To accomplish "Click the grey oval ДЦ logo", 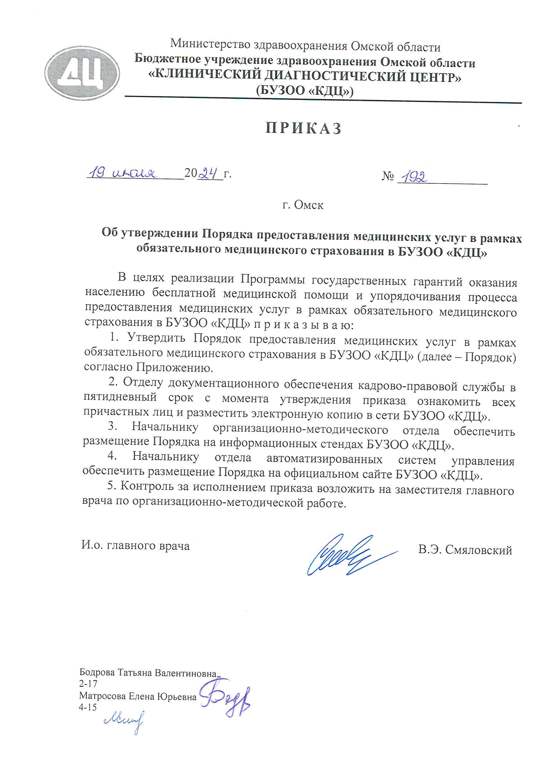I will pyautogui.click(x=82, y=73).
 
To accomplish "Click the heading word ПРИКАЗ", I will pyautogui.click(x=303, y=128).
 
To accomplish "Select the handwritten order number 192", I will pyautogui.click(x=414, y=177).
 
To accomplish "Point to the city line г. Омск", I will pyautogui.click(x=303, y=205).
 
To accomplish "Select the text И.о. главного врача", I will pyautogui.click(x=135, y=545).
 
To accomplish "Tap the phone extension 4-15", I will pyautogui.click(x=88, y=707).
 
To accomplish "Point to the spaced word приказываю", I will pyautogui.click(x=304, y=325).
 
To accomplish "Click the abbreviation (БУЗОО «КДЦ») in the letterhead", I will pyautogui.click(x=305, y=91).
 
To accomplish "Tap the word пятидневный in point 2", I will pyautogui.click(x=120, y=397).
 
